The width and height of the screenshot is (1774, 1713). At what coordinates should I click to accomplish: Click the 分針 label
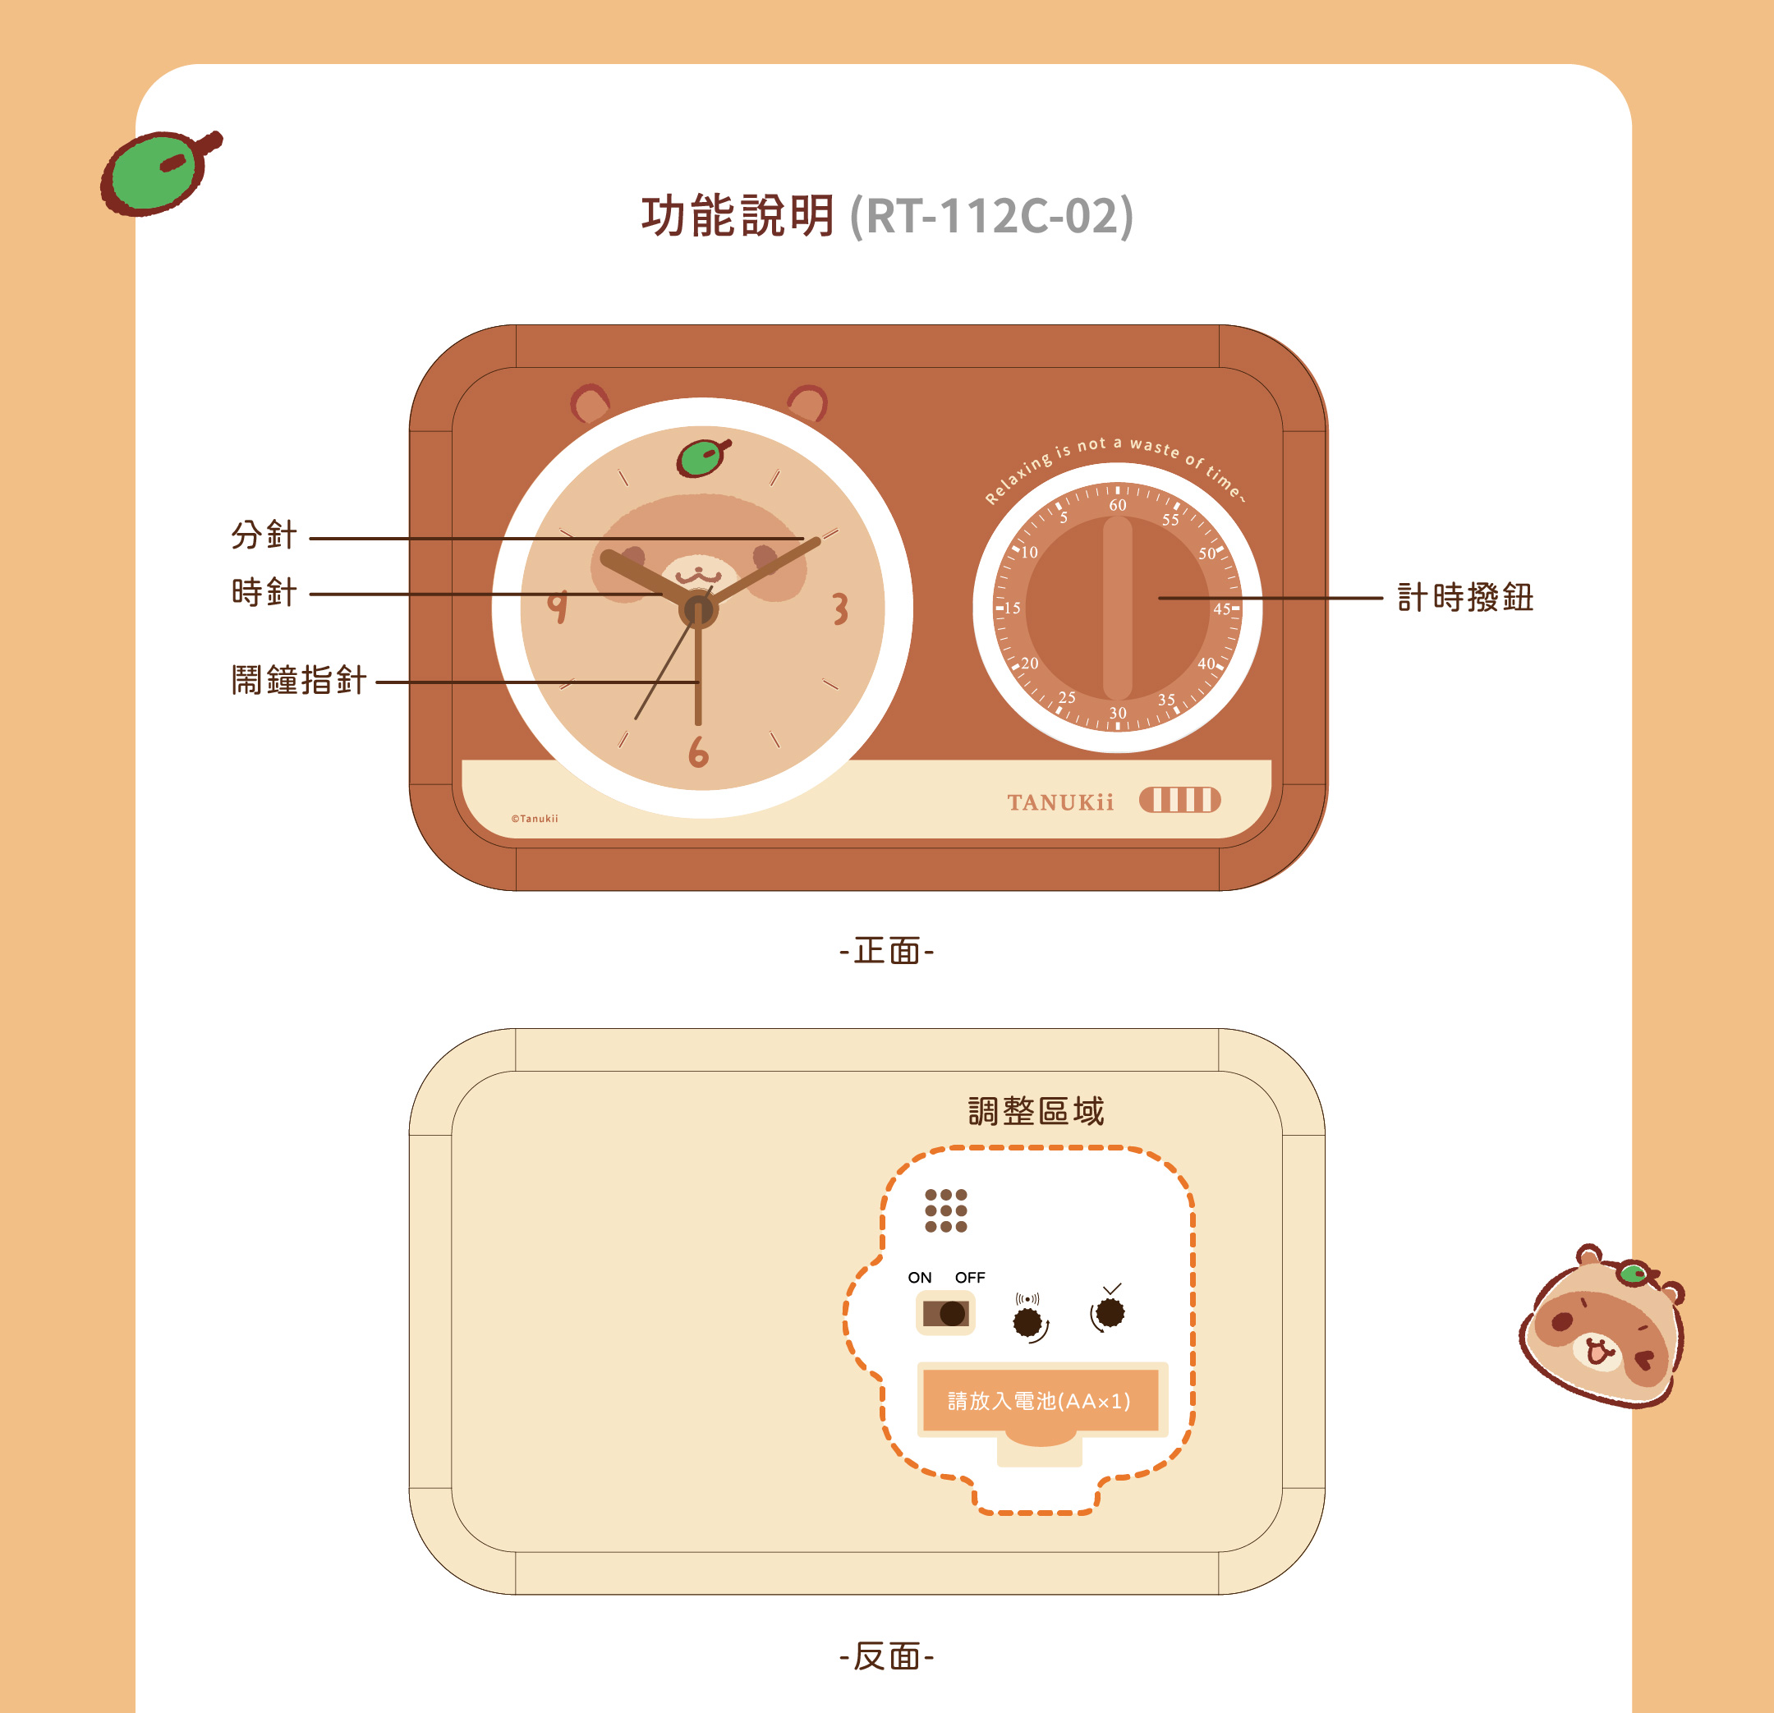[x=264, y=535]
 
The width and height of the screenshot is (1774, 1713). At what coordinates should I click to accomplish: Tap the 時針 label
[x=264, y=593]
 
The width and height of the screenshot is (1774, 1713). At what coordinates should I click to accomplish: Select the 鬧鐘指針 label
[x=299, y=680]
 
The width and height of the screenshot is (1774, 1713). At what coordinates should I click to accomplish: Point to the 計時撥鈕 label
[x=1465, y=597]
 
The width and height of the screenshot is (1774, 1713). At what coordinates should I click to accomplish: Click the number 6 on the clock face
[x=698, y=751]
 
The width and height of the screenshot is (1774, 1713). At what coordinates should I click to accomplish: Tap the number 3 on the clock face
[x=840, y=609]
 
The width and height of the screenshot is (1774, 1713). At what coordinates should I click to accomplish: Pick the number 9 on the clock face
[x=558, y=605]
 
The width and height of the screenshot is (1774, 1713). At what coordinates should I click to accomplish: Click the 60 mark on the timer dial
[x=1118, y=505]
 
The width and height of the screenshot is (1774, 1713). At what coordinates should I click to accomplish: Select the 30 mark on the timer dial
[x=1118, y=713]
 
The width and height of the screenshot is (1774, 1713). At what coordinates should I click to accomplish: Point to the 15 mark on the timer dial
[x=1012, y=609]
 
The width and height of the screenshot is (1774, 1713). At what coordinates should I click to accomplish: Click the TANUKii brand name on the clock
[x=1059, y=802]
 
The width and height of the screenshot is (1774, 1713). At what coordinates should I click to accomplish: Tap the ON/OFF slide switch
[x=946, y=1313]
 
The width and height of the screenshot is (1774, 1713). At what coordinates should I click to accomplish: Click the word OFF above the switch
[x=969, y=1278]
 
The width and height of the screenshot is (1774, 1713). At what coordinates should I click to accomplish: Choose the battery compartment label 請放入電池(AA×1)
[x=1039, y=1401]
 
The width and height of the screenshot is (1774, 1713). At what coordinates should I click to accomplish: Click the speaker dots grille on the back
[x=946, y=1210]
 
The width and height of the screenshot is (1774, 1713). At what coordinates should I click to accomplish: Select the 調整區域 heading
[x=1036, y=1110]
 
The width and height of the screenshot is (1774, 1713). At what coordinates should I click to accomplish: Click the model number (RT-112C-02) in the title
[x=991, y=216]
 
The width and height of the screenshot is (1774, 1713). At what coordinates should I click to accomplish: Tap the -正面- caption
[x=887, y=951]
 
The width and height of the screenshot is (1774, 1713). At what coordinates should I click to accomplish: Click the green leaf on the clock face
[x=702, y=458]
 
